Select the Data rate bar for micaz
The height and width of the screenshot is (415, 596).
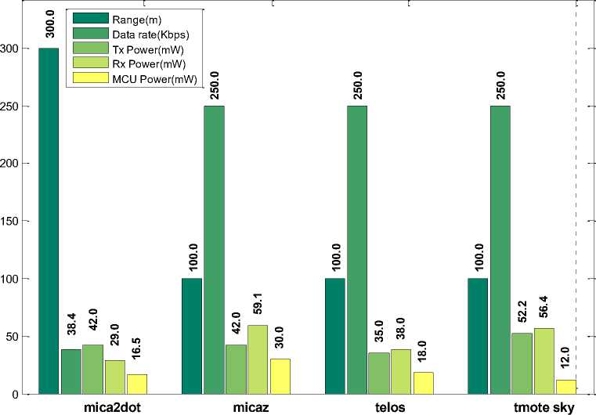pyautogui.click(x=214, y=250)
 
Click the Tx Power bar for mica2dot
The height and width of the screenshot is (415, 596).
pyautogui.click(x=92, y=369)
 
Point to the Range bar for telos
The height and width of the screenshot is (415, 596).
pyautogui.click(x=335, y=336)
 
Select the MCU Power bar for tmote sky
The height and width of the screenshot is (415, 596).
pyautogui.click(x=565, y=387)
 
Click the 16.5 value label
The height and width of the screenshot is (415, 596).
pyautogui.click(x=136, y=347)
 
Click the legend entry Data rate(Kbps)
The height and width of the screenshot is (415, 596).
pyautogui.click(x=141, y=35)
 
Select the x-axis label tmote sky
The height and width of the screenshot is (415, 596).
pyautogui.click(x=544, y=407)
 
